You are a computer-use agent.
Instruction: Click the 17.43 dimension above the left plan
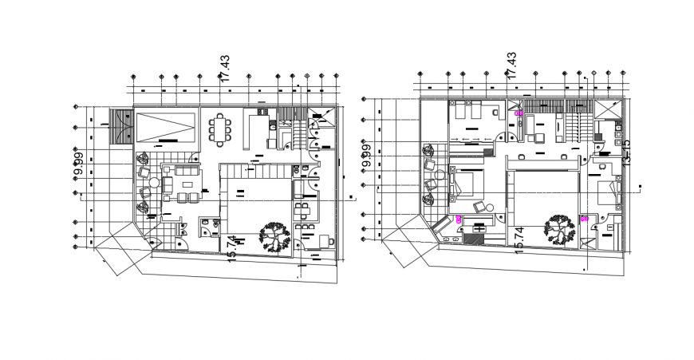(x=226, y=69)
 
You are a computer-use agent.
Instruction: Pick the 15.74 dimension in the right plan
(x=519, y=240)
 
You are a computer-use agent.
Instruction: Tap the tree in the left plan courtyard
(x=274, y=236)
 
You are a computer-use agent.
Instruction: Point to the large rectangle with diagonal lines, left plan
(x=166, y=126)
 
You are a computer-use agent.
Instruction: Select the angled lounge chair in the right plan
(x=441, y=227)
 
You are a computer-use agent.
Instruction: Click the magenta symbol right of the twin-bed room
(x=519, y=114)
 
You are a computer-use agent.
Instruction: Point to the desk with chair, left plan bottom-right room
(x=325, y=240)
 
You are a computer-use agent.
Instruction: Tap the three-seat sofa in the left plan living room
(x=189, y=172)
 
